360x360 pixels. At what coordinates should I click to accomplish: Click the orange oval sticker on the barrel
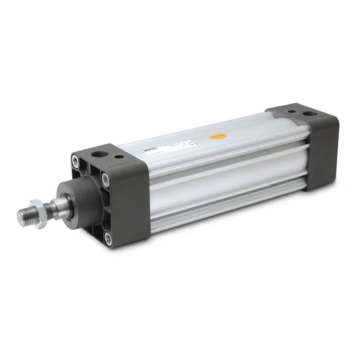pyautogui.click(x=218, y=136)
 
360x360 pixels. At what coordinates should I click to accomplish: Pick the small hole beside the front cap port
pyautogui.click(x=119, y=157)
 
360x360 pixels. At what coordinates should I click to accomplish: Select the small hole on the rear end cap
pyautogui.click(x=290, y=112)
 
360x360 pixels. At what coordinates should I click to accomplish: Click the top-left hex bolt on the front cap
pyautogui.click(x=75, y=160)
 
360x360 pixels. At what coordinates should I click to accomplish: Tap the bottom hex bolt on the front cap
pyautogui.click(x=108, y=239)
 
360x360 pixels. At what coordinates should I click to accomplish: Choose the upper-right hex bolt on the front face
pyautogui.click(x=106, y=180)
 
